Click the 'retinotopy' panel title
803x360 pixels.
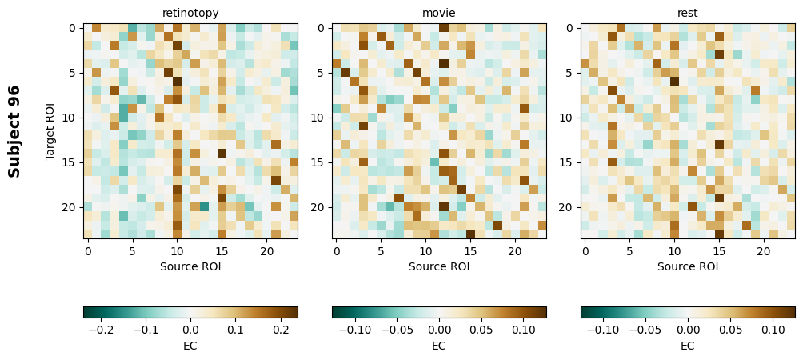(x=190, y=13)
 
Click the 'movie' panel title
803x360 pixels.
(x=439, y=13)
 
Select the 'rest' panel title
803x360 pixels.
(x=688, y=13)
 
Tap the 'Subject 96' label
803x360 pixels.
(x=14, y=131)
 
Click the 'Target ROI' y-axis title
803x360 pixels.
(x=50, y=131)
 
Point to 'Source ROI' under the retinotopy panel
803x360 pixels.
(x=190, y=266)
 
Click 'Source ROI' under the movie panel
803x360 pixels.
(x=439, y=266)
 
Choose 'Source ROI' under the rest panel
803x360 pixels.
(x=688, y=266)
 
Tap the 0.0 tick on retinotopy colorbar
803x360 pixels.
(x=190, y=329)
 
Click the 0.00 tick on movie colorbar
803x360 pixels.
(x=439, y=329)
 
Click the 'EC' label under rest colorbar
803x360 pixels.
(x=688, y=346)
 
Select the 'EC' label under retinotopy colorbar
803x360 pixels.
(x=190, y=346)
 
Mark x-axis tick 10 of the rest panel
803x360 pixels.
(x=674, y=252)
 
